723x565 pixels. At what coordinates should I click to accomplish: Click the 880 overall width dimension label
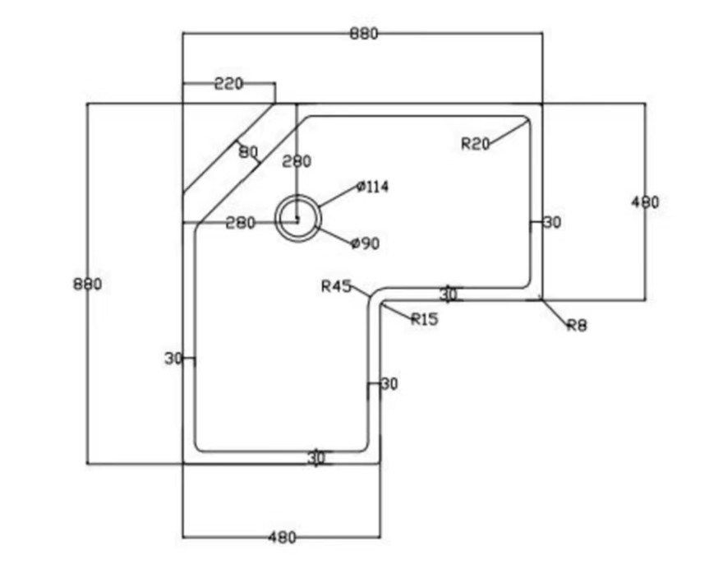pos(363,34)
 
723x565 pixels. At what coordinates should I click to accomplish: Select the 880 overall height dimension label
pos(87,285)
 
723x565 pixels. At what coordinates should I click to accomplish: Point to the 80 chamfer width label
pos(248,152)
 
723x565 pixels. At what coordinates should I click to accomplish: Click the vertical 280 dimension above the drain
pos(297,161)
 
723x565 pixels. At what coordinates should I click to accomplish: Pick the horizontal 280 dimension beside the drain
pos(240,223)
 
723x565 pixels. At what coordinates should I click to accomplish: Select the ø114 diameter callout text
pos(373,187)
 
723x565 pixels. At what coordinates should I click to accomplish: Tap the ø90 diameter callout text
pos(365,243)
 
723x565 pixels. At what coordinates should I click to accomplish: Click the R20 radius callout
pos(475,144)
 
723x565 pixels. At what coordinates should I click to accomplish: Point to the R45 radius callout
pos(336,286)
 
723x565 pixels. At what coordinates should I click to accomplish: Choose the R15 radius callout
pos(425,319)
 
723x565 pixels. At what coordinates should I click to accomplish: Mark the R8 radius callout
pos(577,326)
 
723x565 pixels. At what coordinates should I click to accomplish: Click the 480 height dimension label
pos(645,202)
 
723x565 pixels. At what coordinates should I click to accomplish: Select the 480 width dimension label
pos(282,538)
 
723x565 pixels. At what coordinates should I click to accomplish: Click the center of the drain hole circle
pos(296,219)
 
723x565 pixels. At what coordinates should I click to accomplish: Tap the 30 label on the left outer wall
pos(173,359)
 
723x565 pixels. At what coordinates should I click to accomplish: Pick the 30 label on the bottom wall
pos(316,458)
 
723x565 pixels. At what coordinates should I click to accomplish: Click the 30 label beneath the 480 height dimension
pos(552,222)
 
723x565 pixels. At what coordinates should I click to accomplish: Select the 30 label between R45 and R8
pos(448,294)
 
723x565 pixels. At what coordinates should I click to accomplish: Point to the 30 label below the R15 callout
pos(389,384)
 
